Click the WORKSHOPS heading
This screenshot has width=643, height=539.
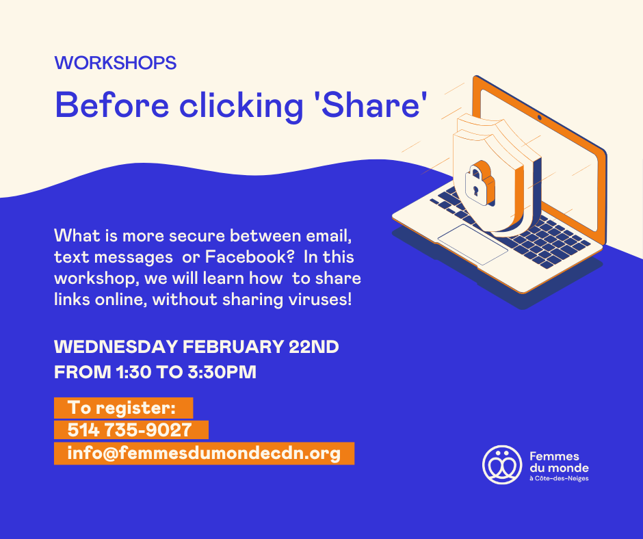click(115, 63)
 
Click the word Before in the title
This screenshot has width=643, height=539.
click(112, 105)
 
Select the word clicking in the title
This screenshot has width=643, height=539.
click(241, 107)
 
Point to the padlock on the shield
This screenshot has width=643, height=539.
click(480, 182)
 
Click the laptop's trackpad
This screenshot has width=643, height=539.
click(473, 244)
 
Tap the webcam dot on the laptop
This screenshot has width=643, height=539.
click(540, 118)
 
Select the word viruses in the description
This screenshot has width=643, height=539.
click(319, 300)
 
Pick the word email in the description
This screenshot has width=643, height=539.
click(328, 236)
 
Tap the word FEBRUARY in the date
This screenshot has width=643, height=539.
click(233, 347)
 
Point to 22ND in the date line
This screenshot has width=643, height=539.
click(314, 347)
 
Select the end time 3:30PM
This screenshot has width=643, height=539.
click(222, 373)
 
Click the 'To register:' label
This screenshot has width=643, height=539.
click(122, 408)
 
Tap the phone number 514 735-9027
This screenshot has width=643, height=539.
click(129, 430)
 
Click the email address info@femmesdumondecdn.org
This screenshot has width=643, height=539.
click(204, 453)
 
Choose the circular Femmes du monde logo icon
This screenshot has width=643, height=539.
click(502, 464)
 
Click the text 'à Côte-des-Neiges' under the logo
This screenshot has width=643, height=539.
click(559, 479)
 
